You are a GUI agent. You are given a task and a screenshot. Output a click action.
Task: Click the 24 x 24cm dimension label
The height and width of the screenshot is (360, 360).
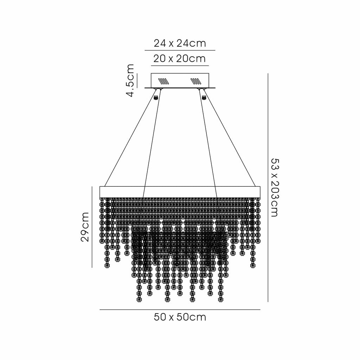pos(180,43)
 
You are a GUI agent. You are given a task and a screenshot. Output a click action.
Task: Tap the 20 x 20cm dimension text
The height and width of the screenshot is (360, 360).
pos(180,59)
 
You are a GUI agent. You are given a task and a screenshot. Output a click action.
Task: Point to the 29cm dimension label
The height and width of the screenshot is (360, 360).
pos(85,227)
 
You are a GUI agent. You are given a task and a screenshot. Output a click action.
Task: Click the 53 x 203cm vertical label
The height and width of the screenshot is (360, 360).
pos(275,187)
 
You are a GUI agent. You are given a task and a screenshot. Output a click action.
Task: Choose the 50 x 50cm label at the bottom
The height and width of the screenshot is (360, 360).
pos(180,317)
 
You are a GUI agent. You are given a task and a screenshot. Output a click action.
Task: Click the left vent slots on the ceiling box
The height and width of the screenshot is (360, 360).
pos(164,81)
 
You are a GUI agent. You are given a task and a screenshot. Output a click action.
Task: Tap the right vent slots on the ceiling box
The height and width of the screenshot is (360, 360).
pos(196,81)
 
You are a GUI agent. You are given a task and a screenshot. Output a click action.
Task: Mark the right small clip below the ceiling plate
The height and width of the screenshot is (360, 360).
pos(204,97)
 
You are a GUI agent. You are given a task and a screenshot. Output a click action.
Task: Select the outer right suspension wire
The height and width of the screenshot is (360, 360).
pos(230,137)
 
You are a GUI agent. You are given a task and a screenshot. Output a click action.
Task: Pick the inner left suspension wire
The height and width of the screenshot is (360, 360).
pos(152,143)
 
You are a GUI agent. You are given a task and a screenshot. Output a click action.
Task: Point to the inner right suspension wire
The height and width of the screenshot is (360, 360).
pos(208,143)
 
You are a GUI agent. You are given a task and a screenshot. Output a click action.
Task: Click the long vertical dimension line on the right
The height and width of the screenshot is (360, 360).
pos(268,188)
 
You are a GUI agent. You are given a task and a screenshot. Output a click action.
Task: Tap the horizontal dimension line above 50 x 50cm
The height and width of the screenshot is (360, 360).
pos(180,310)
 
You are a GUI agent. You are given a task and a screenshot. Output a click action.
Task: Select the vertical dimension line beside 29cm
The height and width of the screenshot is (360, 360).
pos(92,227)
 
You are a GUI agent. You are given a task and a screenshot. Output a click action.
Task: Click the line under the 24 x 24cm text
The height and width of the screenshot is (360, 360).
pos(180,50)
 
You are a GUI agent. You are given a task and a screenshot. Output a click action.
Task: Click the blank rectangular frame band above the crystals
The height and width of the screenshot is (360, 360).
pos(180,192)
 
